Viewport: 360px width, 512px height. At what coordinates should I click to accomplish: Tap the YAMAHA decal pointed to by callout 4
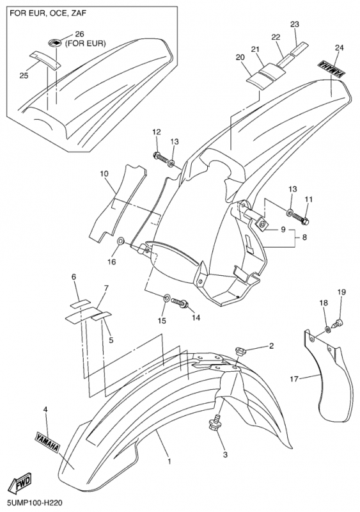click(x=47, y=442)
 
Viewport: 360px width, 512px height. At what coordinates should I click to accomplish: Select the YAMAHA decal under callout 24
click(x=331, y=68)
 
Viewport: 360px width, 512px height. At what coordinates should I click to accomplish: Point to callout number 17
click(x=294, y=379)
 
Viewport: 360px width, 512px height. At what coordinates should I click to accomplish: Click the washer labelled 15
click(x=166, y=298)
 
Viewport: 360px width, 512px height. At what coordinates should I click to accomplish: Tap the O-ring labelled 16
click(x=120, y=242)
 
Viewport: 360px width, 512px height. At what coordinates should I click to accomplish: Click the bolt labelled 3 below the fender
click(x=214, y=424)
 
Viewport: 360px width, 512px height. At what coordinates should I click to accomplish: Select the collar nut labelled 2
click(x=240, y=351)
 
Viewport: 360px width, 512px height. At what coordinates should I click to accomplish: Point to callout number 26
click(x=80, y=34)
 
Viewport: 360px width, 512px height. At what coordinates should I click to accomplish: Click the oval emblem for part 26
click(x=55, y=43)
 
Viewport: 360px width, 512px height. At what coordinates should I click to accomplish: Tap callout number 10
click(x=104, y=174)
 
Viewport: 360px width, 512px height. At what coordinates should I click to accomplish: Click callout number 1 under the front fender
click(x=169, y=461)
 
